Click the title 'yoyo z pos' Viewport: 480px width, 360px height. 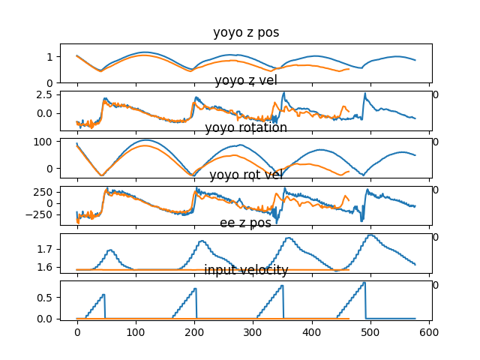pyautogui.click(x=246, y=32)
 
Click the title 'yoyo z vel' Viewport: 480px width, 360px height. pyautogui.click(x=246, y=80)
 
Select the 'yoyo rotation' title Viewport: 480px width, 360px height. pyautogui.click(x=246, y=127)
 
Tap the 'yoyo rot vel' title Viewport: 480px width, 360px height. pyautogui.click(x=246, y=175)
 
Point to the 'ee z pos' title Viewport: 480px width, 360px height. pyautogui.click(x=246, y=223)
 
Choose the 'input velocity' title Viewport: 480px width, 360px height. pyautogui.click(x=246, y=270)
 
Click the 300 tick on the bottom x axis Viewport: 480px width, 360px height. pyautogui.click(x=253, y=331)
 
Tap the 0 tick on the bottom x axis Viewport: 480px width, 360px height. pyautogui.click(x=76, y=331)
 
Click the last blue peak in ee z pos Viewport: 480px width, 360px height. pyautogui.click(x=370, y=235)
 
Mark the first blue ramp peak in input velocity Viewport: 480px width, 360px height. pyautogui.click(x=103, y=295)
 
